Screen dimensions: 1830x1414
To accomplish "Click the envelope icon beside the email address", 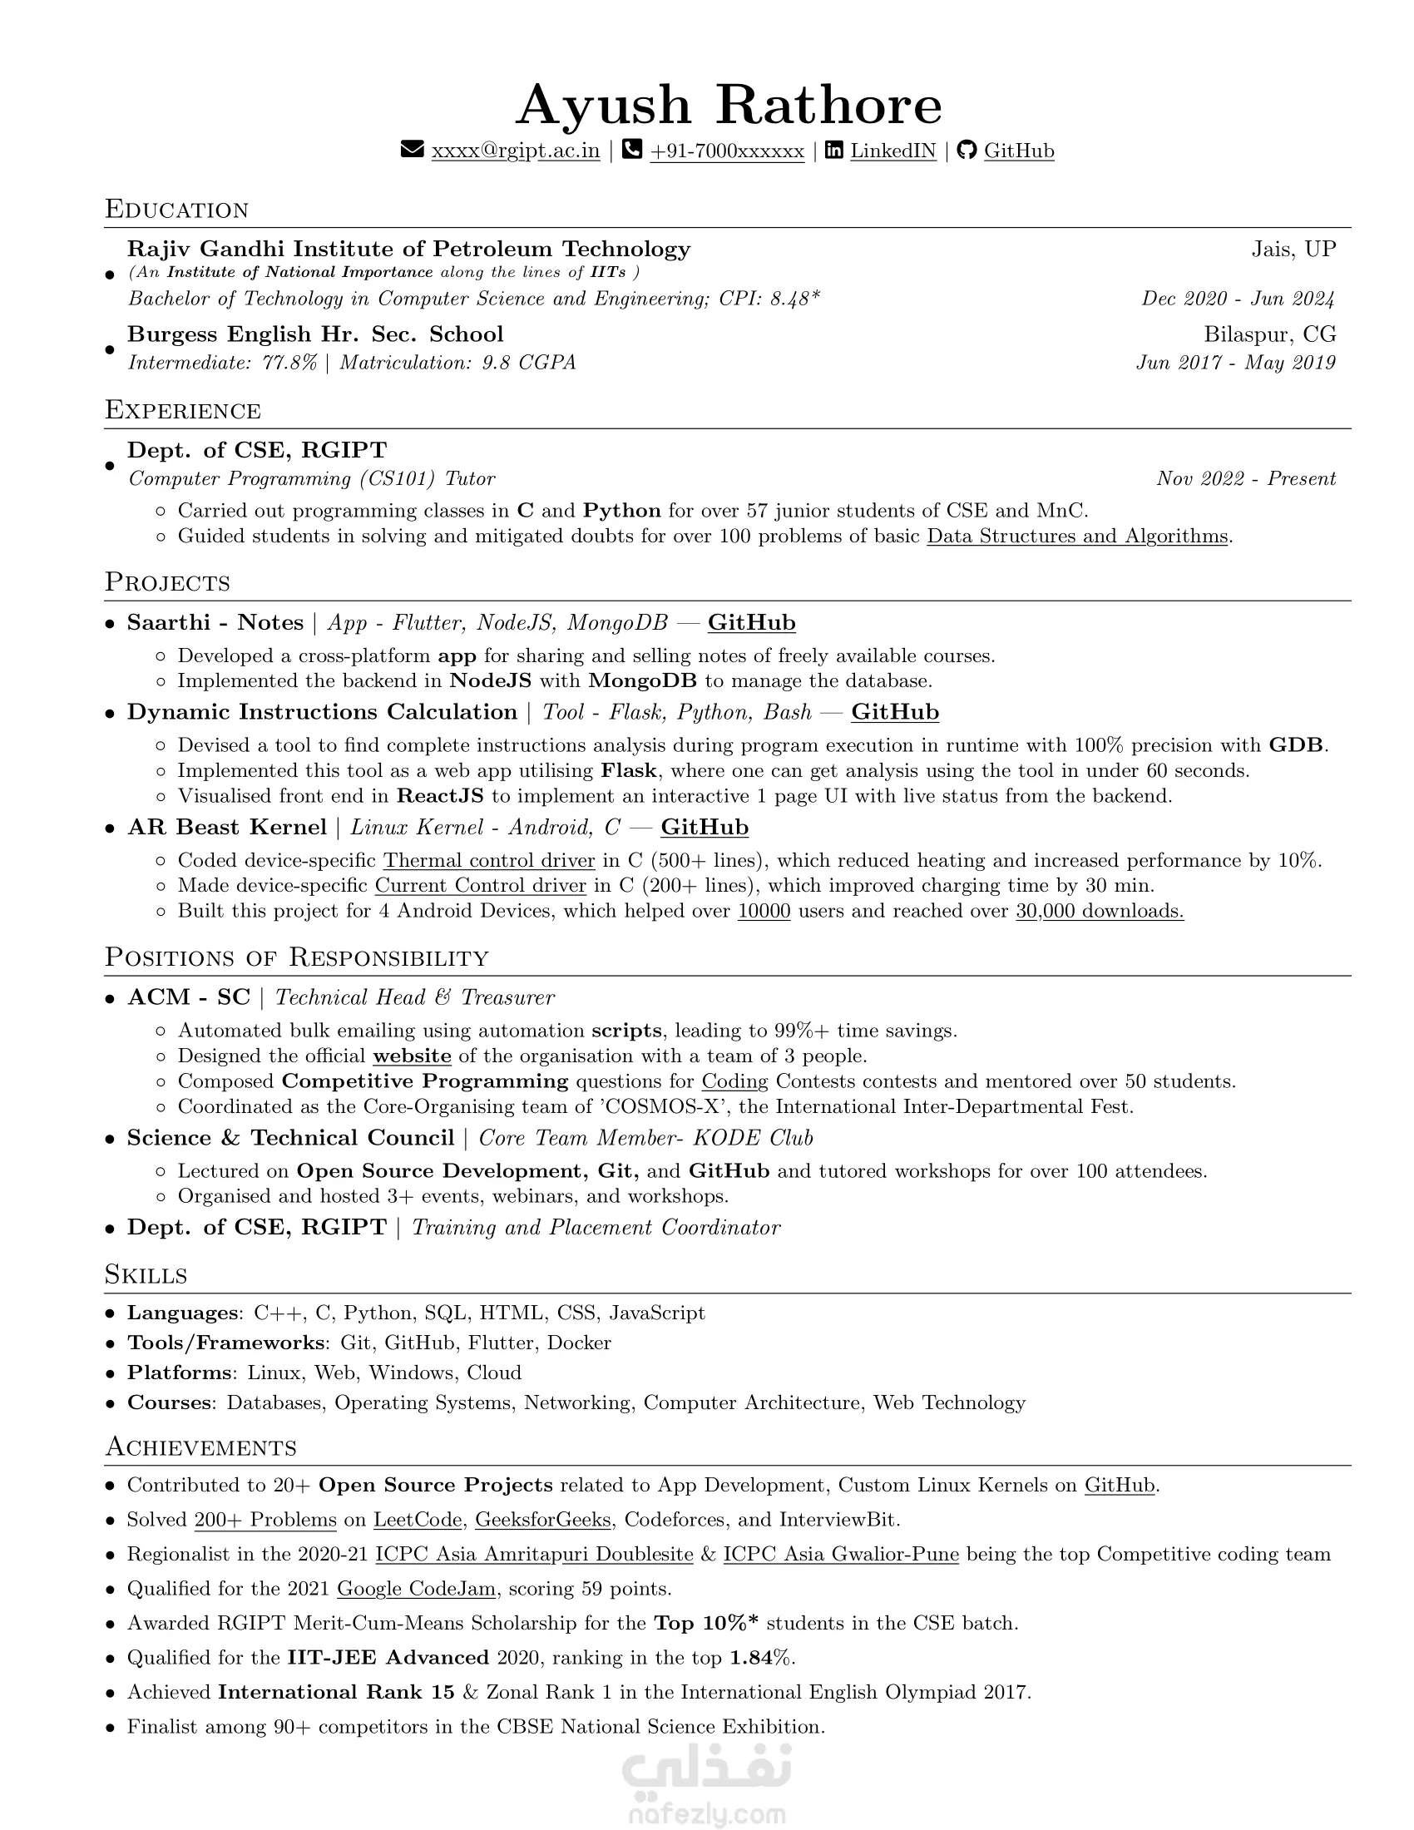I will tap(412, 150).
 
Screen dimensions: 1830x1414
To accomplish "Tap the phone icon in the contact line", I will tap(632, 150).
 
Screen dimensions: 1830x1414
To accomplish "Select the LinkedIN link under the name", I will tap(892, 151).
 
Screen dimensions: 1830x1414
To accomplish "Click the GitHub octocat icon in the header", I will tap(967, 150).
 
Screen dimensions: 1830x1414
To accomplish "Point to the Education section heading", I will tap(176, 210).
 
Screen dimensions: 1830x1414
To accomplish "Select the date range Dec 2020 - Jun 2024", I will tap(1238, 299).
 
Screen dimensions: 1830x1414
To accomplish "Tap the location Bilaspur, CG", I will tap(1269, 334).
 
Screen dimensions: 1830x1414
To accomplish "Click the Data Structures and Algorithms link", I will tap(1076, 537).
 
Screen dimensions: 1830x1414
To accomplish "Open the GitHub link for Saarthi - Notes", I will tap(751, 622).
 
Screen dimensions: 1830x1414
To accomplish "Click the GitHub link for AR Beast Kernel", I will tap(705, 828).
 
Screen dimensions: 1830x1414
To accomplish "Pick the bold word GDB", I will tap(1297, 745).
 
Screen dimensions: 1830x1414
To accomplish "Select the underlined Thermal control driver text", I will tap(489, 861).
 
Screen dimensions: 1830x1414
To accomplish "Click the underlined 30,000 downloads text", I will tap(1099, 911).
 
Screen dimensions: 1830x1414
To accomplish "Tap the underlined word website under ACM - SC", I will tap(412, 1056).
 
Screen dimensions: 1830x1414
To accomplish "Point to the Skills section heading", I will tap(146, 1274).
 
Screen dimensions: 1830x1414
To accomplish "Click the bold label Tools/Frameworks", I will tap(225, 1343).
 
